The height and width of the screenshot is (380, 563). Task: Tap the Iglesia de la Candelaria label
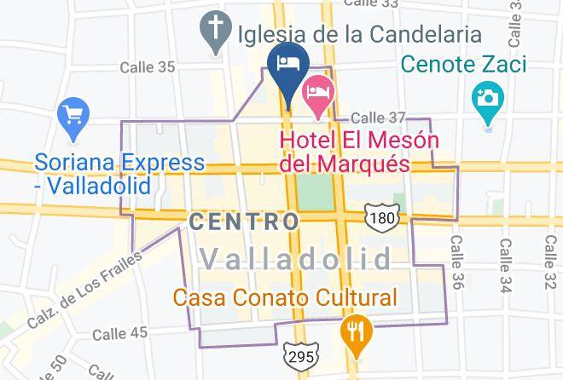click(x=361, y=35)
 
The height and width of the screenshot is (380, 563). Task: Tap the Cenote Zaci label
click(x=463, y=64)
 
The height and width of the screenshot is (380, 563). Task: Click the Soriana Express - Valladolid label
click(x=119, y=173)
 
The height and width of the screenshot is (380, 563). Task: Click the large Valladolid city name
click(x=294, y=258)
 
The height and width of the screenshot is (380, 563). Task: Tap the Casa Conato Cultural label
click(x=285, y=298)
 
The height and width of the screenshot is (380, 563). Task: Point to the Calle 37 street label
click(x=379, y=118)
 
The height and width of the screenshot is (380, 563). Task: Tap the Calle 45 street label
click(x=120, y=332)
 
